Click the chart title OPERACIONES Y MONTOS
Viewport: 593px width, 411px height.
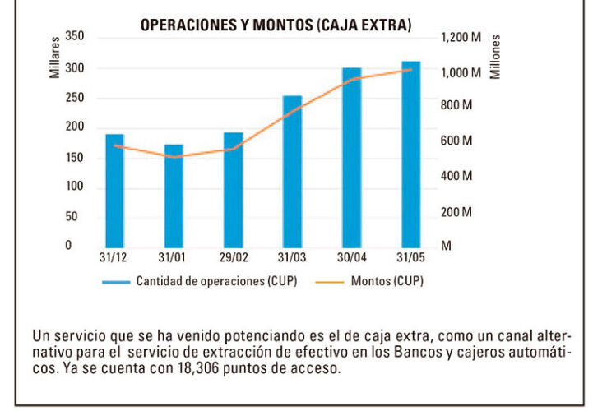[275, 25]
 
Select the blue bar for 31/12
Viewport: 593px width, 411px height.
[115, 189]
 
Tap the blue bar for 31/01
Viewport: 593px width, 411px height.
[174, 195]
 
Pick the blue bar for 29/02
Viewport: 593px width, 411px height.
[234, 188]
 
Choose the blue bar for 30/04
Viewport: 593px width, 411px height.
[352, 156]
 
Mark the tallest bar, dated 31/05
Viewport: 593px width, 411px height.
[411, 153]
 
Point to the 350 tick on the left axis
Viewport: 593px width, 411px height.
[74, 37]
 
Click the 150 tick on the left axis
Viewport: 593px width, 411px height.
[74, 157]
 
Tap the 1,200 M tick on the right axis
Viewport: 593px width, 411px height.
[461, 37]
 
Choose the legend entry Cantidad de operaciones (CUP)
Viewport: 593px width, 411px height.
[216, 281]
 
